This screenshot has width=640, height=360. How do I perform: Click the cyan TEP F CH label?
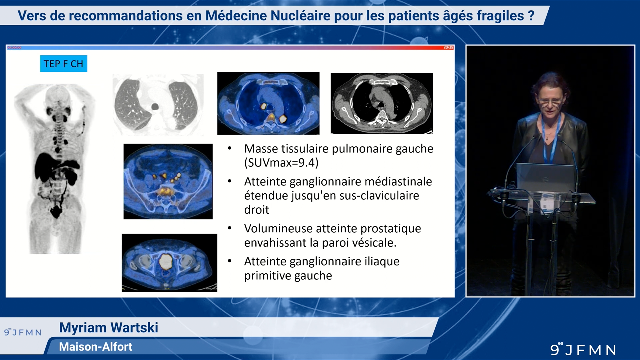pyautogui.click(x=63, y=64)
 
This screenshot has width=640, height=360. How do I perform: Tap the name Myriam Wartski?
pyautogui.click(x=109, y=328)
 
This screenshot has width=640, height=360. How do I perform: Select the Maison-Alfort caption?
pyautogui.click(x=96, y=347)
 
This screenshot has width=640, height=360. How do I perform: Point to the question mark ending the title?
pyautogui.click(x=531, y=16)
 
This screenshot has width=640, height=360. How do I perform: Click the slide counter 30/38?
pyautogui.click(x=448, y=48)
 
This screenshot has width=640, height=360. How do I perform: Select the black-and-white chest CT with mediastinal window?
pyautogui.click(x=382, y=103)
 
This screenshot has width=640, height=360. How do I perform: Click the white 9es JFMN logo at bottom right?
pyautogui.click(x=583, y=349)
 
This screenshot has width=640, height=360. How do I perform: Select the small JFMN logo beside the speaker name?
pyautogui.click(x=23, y=332)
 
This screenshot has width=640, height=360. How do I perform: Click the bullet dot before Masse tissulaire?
pyautogui.click(x=230, y=148)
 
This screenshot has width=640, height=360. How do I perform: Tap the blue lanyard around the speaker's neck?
pyautogui.click(x=551, y=140)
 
